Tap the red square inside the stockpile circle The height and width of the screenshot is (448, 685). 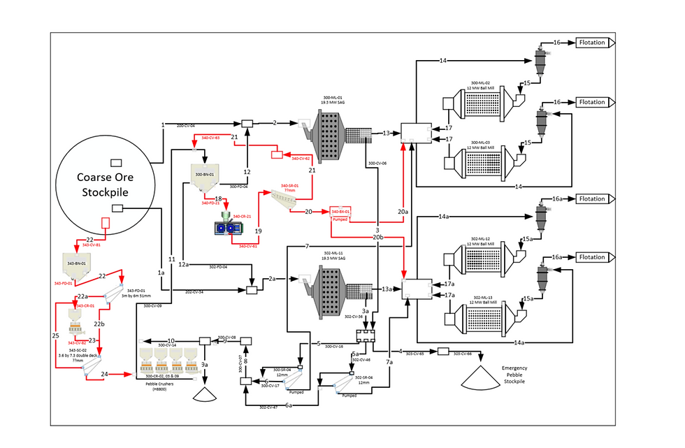106,224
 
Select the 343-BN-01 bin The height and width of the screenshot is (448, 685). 77,264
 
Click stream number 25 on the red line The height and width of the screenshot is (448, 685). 55,335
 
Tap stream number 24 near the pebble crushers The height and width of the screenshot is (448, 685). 104,375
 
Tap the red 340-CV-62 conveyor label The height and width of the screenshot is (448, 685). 301,159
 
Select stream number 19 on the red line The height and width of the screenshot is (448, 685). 259,230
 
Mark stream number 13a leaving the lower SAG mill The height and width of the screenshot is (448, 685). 386,289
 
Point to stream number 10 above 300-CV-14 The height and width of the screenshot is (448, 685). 171,340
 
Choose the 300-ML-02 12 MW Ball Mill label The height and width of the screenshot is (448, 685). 484,85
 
